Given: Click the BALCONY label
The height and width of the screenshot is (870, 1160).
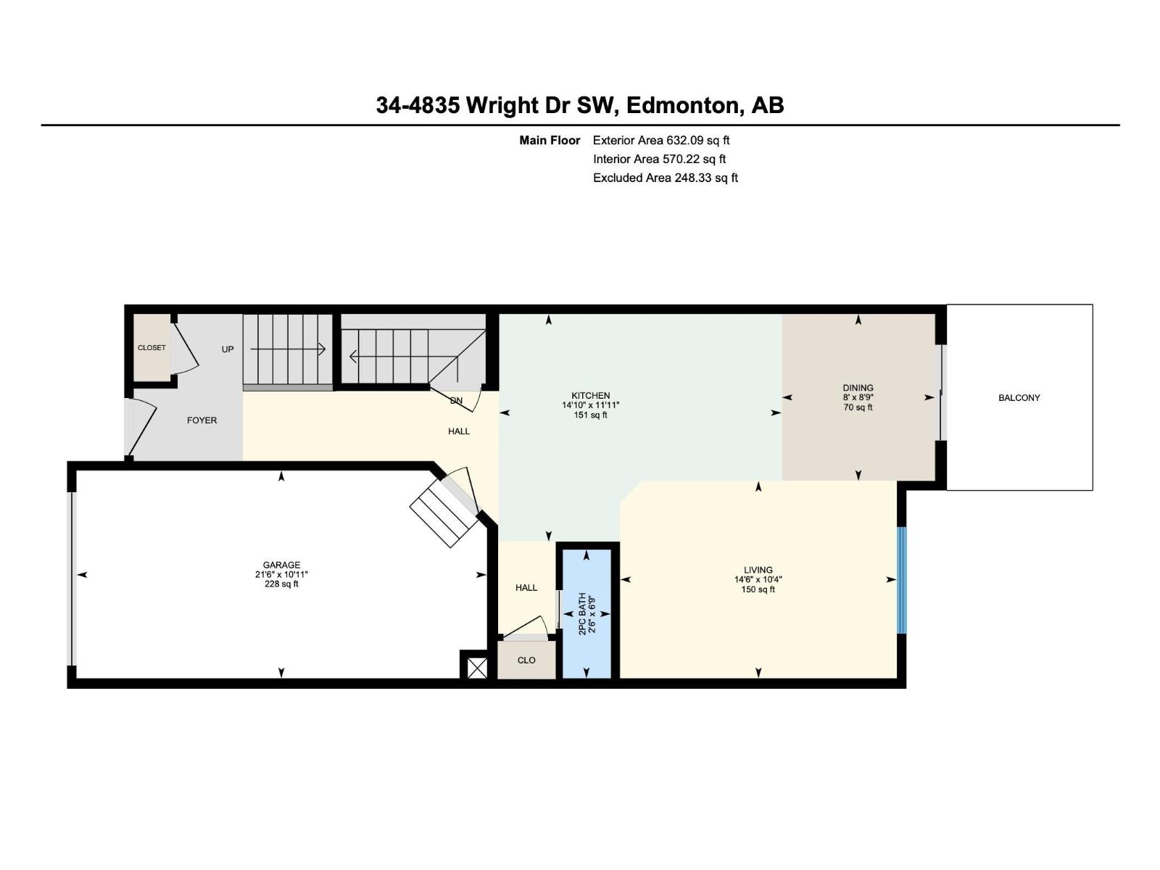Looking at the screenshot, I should pos(1019,398).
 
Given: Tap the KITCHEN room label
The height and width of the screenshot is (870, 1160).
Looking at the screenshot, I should pos(590,396).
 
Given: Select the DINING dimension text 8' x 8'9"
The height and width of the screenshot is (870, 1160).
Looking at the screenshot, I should pos(858,397).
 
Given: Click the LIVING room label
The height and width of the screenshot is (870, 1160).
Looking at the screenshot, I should pos(758,570).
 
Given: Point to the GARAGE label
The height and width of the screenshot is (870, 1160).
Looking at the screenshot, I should pos(281,565).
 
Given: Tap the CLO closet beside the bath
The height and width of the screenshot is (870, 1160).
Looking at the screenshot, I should pos(526,660).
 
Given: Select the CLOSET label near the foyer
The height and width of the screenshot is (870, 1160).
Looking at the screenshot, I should pos(152,348).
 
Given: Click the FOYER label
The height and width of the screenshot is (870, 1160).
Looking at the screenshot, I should pos(202,420).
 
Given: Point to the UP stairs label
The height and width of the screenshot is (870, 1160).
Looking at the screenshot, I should pos(228,349).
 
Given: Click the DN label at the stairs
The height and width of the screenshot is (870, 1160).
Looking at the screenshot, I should pos(456,401).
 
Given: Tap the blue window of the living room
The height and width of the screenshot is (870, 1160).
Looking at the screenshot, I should pos(902,580).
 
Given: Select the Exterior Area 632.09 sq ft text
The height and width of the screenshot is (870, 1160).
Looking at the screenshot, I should pos(660,141).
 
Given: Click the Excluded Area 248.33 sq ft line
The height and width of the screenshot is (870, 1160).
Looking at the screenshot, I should pos(665,178).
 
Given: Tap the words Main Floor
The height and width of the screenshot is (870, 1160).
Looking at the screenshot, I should pos(550,141).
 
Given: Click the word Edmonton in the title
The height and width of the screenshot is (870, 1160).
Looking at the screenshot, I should pos(682,106).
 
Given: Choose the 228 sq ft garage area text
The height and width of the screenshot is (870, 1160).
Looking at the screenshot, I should pos(281,584).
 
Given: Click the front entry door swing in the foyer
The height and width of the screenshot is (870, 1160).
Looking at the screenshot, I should pos(143,428).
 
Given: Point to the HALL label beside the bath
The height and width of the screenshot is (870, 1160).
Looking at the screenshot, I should pos(526,588).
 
